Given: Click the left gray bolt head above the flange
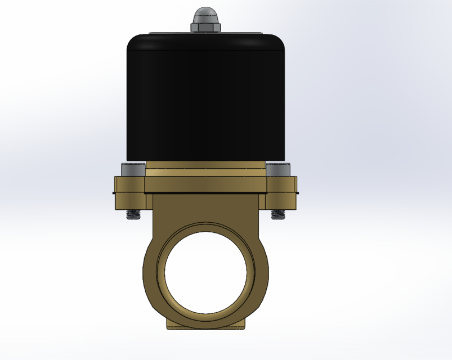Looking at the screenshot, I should [132, 169].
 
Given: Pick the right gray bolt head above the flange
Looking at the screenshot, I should [278, 169].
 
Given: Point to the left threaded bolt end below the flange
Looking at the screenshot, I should [133, 214].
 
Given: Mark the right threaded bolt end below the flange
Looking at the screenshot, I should [278, 214].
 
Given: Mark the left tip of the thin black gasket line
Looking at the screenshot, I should [114, 193].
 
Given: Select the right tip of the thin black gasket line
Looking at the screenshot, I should [297, 193].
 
